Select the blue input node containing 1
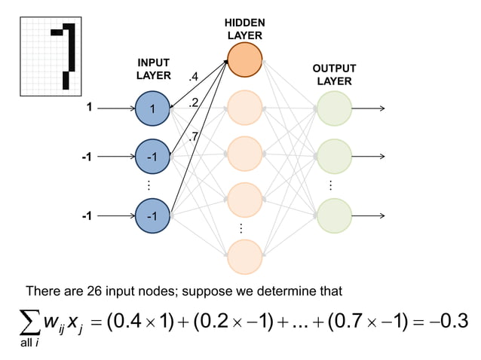(x=152, y=108)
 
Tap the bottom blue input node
(x=152, y=215)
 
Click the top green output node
(x=334, y=108)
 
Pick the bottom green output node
(x=334, y=215)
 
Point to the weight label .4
(x=194, y=77)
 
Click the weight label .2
(x=194, y=102)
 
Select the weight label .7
(x=194, y=136)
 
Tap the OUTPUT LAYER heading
(x=334, y=75)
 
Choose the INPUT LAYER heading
(x=153, y=69)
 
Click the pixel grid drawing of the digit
(x=50, y=56)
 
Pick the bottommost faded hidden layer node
(x=244, y=256)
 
